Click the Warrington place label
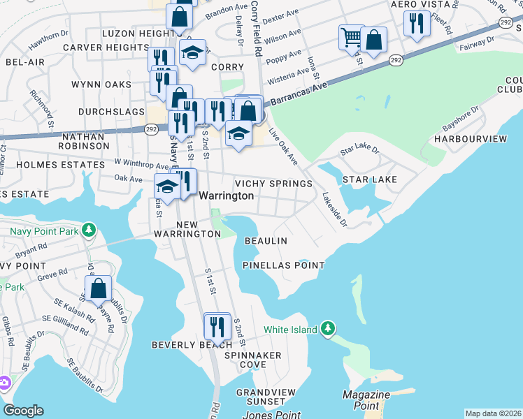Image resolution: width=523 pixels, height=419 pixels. (227, 196)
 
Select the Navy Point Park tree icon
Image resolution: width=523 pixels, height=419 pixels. (89, 230)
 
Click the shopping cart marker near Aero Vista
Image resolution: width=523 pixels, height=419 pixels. (351, 37)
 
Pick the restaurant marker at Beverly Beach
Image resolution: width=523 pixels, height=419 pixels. (217, 326)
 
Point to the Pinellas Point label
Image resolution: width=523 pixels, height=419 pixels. (284, 265)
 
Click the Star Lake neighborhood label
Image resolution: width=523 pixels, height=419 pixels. (369, 179)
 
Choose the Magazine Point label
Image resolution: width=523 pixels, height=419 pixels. (366, 400)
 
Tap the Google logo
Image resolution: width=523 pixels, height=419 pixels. (23, 411)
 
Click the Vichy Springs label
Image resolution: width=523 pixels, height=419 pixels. (273, 184)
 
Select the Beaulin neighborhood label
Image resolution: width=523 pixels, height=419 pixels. (266, 241)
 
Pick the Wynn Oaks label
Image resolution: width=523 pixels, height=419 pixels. (101, 84)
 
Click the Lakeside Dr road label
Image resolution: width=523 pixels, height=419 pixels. (334, 209)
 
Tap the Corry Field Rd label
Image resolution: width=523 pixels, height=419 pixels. (256, 28)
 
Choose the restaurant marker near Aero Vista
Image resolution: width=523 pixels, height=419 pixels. (417, 23)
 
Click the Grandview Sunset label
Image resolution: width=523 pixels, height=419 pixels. (261, 397)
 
